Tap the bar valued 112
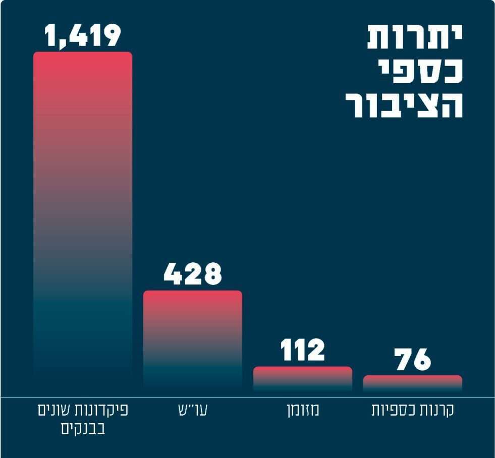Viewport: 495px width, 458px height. click(303, 379)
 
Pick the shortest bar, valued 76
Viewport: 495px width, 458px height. click(413, 383)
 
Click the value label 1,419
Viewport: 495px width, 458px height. click(83, 36)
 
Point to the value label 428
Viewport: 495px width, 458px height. click(193, 274)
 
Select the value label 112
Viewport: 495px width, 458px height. click(303, 350)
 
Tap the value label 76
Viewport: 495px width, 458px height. click(413, 359)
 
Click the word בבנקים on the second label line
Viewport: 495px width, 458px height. click(83, 429)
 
